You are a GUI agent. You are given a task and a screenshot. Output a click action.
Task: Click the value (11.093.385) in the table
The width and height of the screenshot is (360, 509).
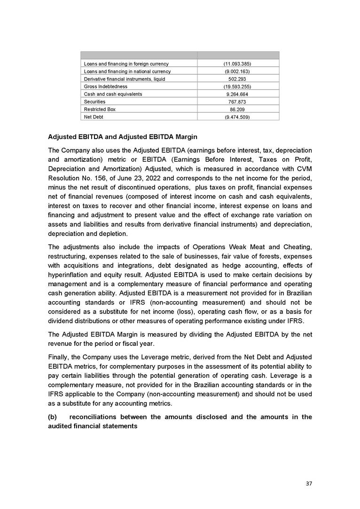[238, 63]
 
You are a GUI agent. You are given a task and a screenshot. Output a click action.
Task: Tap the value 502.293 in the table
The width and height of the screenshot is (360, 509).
[238, 79]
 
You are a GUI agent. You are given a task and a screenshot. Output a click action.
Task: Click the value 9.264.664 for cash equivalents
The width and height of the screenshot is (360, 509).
[238, 94]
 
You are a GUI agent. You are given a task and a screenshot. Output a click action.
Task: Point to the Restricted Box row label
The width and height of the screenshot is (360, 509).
[99, 109]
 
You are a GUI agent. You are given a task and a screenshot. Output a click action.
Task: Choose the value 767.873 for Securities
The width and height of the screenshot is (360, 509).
[238, 102]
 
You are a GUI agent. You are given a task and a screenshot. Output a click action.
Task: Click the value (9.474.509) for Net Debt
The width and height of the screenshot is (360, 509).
[238, 117]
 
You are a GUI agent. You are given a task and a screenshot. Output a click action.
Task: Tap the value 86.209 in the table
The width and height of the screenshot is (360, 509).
[238, 109]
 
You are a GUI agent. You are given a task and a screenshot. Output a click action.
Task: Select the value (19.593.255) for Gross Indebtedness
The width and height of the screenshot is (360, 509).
[238, 86]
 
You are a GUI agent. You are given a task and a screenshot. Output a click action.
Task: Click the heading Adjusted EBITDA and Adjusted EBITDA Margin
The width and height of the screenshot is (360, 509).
[123, 137]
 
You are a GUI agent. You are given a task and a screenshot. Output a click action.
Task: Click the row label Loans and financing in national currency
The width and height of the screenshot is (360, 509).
[127, 71]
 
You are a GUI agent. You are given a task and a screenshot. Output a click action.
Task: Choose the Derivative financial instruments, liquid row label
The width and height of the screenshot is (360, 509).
[124, 79]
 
